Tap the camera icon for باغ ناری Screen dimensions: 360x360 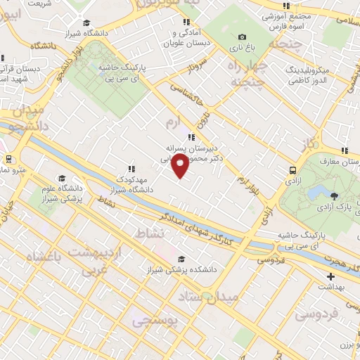tap(243, 37)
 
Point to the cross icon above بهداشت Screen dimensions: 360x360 tap(330, 276)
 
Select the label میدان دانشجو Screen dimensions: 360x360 tap(26, 119)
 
